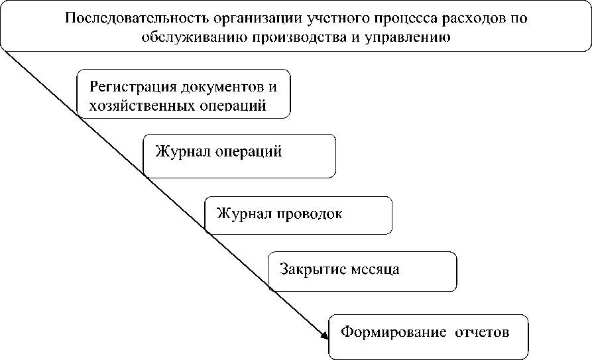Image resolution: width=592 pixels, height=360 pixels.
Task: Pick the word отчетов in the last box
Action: click(x=481, y=331)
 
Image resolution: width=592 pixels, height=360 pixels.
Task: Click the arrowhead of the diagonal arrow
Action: click(x=326, y=335)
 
